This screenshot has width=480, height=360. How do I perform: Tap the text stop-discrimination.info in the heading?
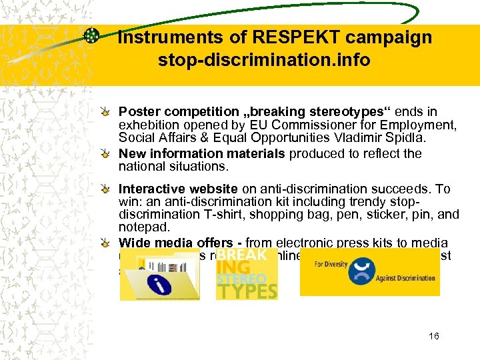click(264, 61)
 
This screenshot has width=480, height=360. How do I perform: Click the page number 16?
click(434, 337)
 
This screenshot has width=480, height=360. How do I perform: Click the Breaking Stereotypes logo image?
click(247, 274)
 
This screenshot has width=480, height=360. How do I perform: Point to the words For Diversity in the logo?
click(331, 263)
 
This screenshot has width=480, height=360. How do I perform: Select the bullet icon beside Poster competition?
click(107, 112)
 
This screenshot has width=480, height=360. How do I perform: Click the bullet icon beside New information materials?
click(107, 154)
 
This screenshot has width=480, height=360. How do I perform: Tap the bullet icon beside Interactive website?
click(107, 190)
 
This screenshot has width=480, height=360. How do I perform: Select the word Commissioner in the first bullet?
click(300, 125)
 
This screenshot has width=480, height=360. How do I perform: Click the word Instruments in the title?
click(160, 37)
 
